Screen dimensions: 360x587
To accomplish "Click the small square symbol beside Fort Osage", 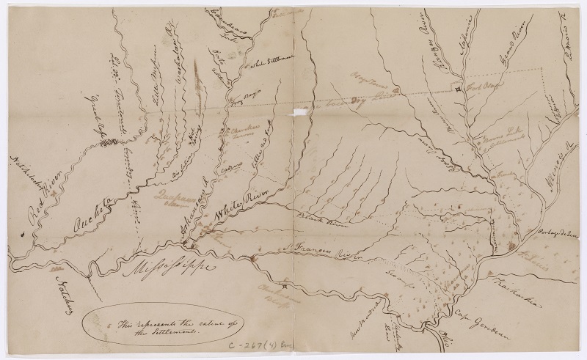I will click(456, 89).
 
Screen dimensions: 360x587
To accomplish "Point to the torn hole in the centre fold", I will click(300, 111).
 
